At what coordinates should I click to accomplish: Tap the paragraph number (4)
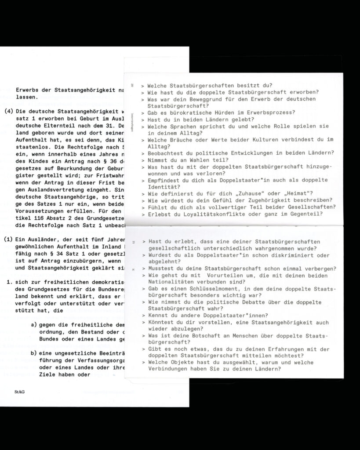point(8,111)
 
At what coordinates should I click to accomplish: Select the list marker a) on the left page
point(34,324)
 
